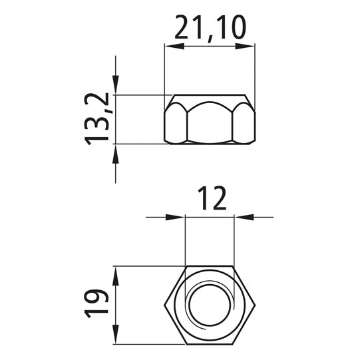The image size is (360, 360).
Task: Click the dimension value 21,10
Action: (x=210, y=29)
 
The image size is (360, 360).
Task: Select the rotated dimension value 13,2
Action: (x=97, y=119)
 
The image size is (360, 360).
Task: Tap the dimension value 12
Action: (x=210, y=198)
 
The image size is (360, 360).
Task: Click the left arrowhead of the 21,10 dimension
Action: (x=171, y=46)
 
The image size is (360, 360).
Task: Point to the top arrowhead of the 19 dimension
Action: (x=116, y=273)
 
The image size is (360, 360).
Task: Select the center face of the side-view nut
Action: (x=210, y=122)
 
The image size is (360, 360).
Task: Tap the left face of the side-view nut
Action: (x=176, y=124)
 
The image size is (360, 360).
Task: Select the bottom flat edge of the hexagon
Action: (x=210, y=346)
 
